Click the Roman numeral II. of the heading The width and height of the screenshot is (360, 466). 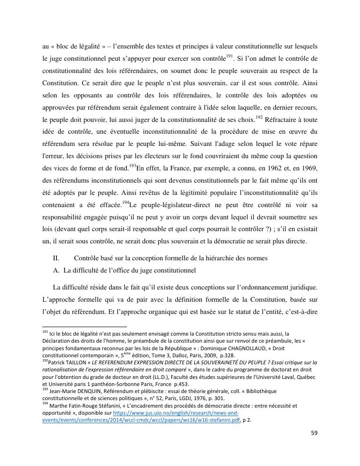pos(56,258)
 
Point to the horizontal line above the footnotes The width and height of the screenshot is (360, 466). pos(85,327)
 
